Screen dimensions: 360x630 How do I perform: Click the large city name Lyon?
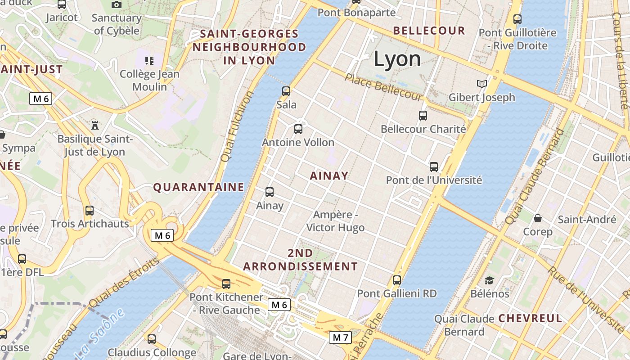click(x=397, y=59)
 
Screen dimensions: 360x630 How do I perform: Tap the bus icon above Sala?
click(x=286, y=91)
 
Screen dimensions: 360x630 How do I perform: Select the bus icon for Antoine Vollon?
click(x=298, y=129)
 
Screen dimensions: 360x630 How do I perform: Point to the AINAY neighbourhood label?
click(x=329, y=176)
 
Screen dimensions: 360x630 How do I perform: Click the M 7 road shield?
click(x=340, y=337)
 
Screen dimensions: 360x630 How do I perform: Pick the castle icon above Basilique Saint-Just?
click(x=94, y=125)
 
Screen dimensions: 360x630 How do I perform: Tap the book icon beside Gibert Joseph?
click(x=481, y=84)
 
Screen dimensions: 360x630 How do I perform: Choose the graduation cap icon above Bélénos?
click(x=489, y=281)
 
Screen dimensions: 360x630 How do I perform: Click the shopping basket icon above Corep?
click(x=537, y=219)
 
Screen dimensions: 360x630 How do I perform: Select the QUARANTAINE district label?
click(x=199, y=187)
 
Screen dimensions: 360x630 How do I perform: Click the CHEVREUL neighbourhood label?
click(x=530, y=319)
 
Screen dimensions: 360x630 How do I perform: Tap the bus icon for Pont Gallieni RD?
click(x=396, y=280)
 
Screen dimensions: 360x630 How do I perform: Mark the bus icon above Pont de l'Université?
click(x=434, y=167)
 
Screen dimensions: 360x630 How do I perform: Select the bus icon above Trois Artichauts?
click(x=89, y=210)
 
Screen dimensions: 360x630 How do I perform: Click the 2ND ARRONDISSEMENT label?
click(x=301, y=260)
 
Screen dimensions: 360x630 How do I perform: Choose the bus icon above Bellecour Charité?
click(x=423, y=116)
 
